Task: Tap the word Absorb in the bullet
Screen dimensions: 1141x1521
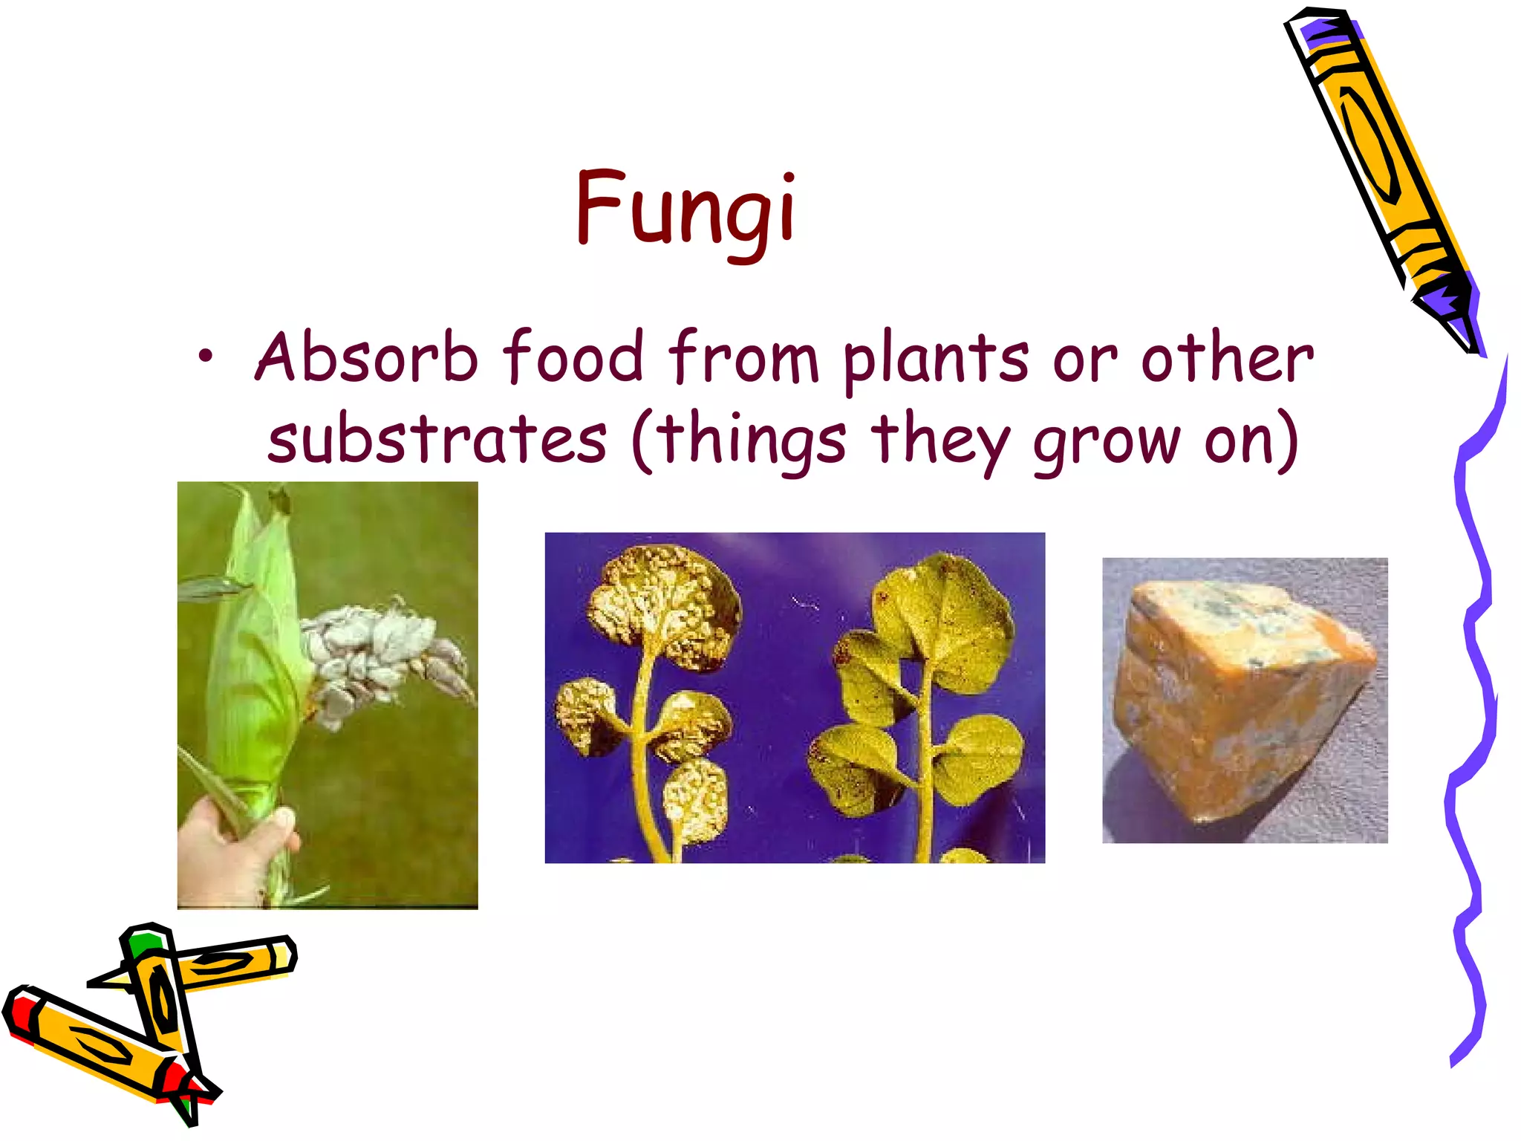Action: click(x=366, y=357)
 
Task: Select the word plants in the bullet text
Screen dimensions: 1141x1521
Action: click(x=936, y=360)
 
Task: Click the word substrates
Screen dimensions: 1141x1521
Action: click(x=437, y=439)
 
